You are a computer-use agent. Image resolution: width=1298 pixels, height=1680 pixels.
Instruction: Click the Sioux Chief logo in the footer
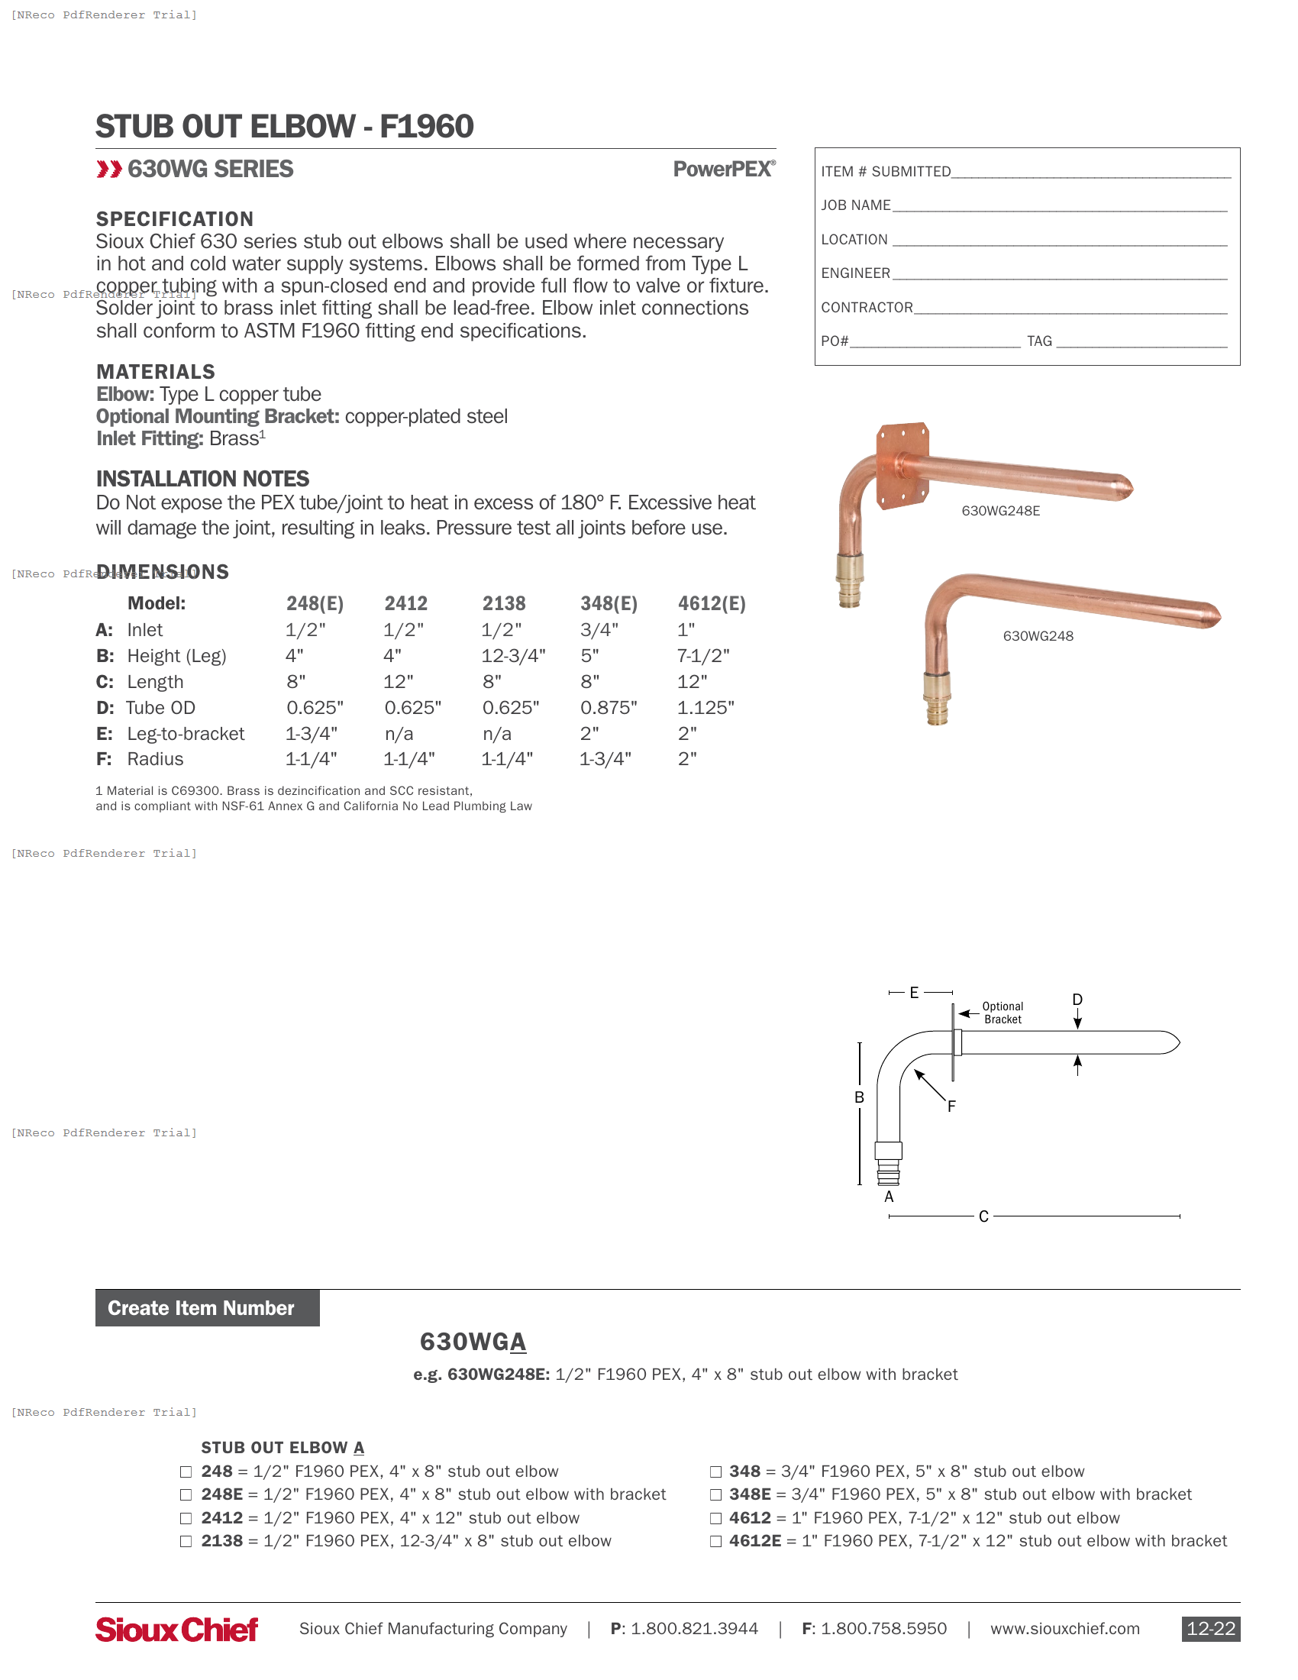pyautogui.click(x=176, y=1630)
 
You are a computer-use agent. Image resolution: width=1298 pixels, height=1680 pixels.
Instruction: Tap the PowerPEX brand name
pyautogui.click(x=724, y=170)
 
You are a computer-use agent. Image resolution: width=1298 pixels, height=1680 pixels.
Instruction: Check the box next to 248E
pyautogui.click(x=186, y=1494)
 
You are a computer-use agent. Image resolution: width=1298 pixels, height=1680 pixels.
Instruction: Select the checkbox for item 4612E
pyautogui.click(x=715, y=1542)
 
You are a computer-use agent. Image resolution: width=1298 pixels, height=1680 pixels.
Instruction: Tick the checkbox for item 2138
pyautogui.click(x=186, y=1542)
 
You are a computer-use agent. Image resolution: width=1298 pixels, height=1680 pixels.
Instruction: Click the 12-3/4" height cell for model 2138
pyautogui.click(x=513, y=656)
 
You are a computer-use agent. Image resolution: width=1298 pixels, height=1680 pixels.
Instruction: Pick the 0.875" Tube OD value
pyautogui.click(x=609, y=708)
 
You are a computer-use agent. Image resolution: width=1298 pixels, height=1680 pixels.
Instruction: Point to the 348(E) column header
pyautogui.click(x=609, y=604)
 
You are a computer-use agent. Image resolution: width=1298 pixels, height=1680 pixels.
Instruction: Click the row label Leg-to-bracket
pyautogui.click(x=186, y=734)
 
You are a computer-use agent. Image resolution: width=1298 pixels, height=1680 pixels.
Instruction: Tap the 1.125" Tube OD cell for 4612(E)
pyautogui.click(x=706, y=708)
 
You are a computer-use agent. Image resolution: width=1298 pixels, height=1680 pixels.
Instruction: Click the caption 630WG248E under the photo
pyautogui.click(x=1000, y=512)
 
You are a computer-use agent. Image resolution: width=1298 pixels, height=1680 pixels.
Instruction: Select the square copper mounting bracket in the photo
pyautogui.click(x=902, y=464)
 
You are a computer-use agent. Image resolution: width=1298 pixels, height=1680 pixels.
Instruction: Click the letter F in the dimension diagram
pyautogui.click(x=951, y=1107)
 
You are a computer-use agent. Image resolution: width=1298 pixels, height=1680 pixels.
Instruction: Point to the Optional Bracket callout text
pyautogui.click(x=1003, y=1013)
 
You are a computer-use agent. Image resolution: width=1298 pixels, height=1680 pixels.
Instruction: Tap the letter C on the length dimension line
pyautogui.click(x=983, y=1217)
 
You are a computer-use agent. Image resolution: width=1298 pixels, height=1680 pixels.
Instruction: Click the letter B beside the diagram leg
pyautogui.click(x=859, y=1097)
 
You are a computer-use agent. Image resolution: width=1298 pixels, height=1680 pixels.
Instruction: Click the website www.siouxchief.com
pyautogui.click(x=1064, y=1630)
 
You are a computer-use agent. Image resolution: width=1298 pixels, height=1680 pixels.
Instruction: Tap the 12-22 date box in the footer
pyautogui.click(x=1210, y=1630)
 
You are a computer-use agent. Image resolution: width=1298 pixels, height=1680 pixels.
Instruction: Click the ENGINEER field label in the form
pyautogui.click(x=855, y=274)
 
